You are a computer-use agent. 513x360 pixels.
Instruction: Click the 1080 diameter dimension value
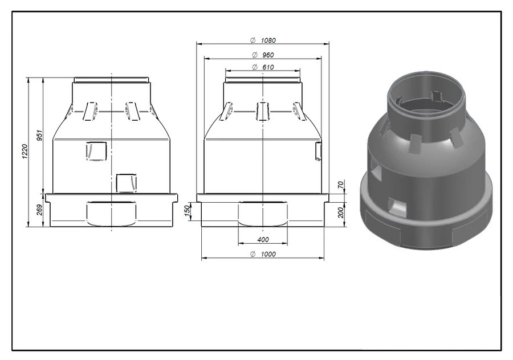pos(268,40)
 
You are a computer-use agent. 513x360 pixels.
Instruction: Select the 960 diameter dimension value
pos(268,55)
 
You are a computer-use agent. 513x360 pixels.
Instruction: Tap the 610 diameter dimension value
pos(268,67)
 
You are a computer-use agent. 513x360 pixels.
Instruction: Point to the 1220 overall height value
pos(25,152)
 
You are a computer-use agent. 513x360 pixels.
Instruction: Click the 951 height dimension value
pos(39,136)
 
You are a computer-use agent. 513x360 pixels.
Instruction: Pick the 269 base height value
pos(39,210)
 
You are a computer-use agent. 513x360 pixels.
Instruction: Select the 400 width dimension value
pos(263,240)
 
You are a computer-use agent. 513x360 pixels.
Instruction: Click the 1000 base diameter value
pos(268,254)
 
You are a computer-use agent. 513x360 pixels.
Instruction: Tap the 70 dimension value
pos(341,185)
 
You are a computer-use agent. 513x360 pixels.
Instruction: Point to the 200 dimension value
pos(341,213)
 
